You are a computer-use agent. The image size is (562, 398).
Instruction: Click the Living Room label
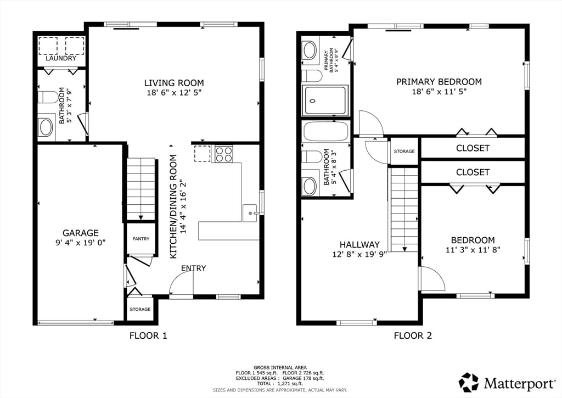(173, 83)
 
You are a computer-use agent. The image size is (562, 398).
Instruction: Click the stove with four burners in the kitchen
(223, 154)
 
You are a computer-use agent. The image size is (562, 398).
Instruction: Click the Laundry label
(61, 58)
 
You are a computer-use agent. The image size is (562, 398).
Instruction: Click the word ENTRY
(193, 268)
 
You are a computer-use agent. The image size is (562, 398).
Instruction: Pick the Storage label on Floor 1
(140, 310)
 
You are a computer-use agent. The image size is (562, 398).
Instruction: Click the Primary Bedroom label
(439, 82)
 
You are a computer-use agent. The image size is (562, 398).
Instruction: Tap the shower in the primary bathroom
(326, 100)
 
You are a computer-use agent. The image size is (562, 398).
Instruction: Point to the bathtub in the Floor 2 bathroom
(325, 132)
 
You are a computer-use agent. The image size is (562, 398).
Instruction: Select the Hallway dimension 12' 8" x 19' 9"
(359, 254)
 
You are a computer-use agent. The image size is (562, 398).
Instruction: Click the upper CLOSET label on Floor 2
(473, 148)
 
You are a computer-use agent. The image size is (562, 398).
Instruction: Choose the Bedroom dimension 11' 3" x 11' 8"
(473, 249)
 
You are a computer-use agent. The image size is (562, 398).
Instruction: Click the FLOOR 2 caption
(413, 335)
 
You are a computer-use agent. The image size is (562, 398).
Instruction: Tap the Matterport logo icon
(469, 382)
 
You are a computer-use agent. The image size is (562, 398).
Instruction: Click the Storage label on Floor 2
(404, 152)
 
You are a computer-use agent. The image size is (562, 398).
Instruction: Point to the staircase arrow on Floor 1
(141, 216)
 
